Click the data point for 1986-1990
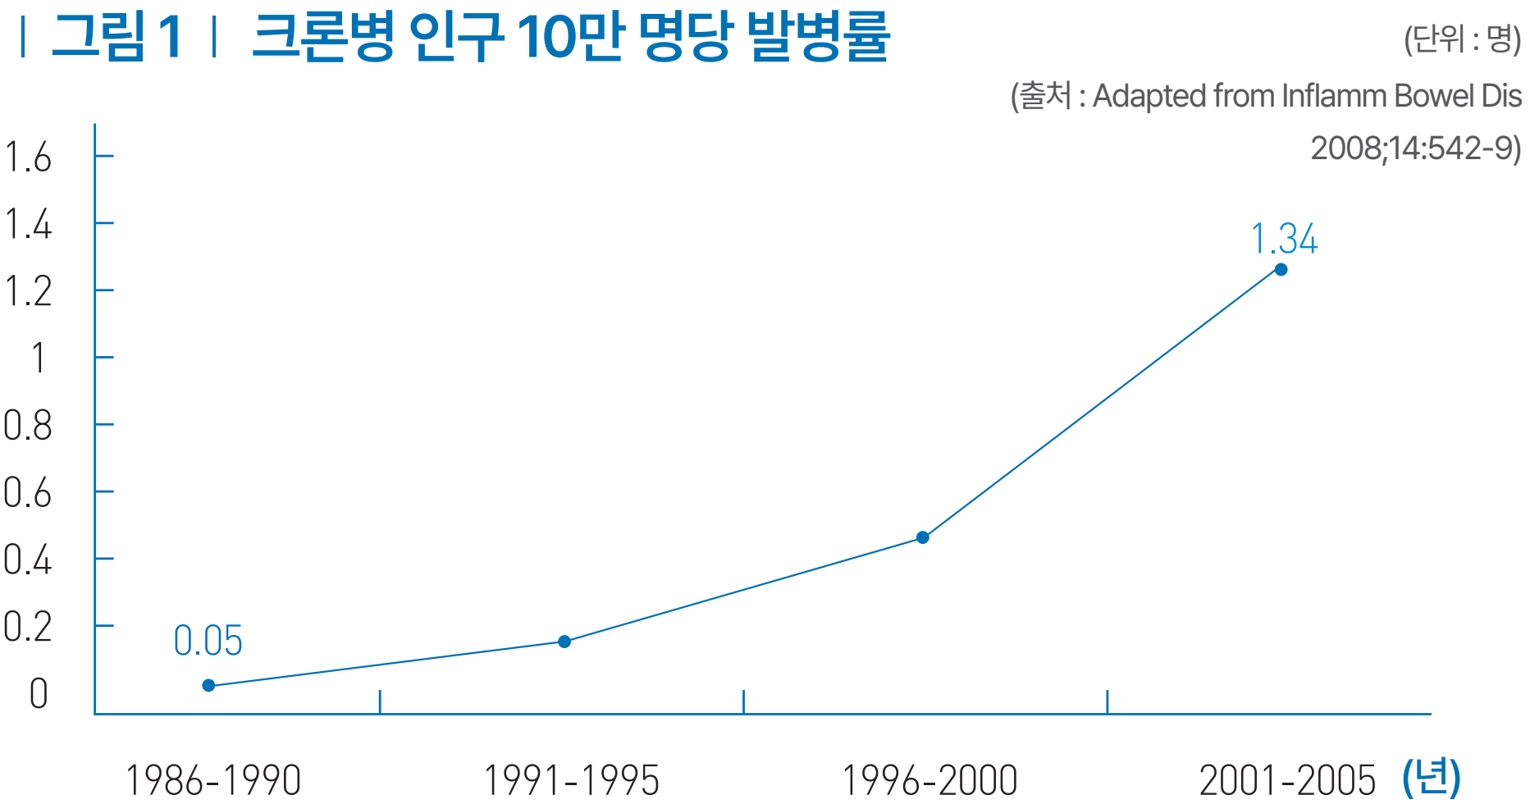click(208, 685)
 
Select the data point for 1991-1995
click(564, 642)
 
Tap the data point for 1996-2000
click(923, 537)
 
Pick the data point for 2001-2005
click(1281, 270)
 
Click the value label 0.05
click(208, 641)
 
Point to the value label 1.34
click(1284, 240)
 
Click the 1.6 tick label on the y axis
click(28, 157)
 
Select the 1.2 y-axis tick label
click(28, 291)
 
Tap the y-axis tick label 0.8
click(28, 426)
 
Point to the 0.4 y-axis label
click(28, 560)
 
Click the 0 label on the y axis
click(39, 694)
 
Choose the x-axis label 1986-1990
click(213, 780)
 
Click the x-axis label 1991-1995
click(571, 780)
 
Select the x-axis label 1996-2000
click(929, 780)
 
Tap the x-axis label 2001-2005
click(1287, 780)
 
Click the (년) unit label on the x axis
click(1432, 776)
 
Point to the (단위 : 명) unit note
click(1462, 39)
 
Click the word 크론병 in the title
click(322, 37)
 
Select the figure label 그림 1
click(116, 37)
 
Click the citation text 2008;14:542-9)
click(1415, 148)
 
